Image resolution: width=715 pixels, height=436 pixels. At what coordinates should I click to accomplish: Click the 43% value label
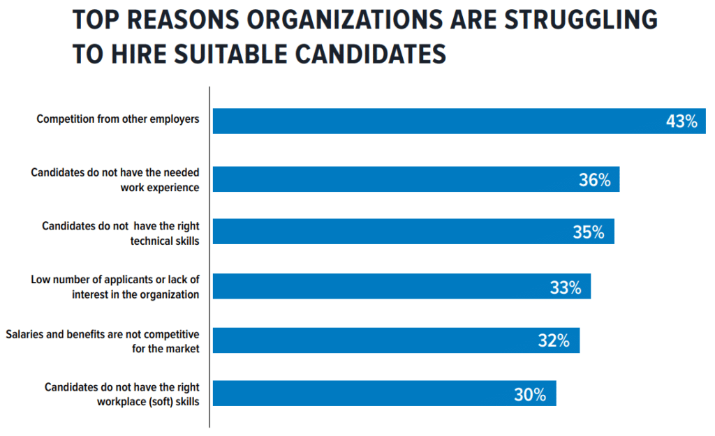(681, 121)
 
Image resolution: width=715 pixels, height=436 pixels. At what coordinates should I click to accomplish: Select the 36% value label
(595, 180)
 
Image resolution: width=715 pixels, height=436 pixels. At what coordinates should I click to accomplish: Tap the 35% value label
(589, 232)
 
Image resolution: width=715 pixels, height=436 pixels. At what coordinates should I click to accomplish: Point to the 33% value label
(566, 287)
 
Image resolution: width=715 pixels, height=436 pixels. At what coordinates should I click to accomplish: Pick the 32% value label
(554, 340)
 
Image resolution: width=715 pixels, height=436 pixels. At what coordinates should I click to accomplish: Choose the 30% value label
(530, 394)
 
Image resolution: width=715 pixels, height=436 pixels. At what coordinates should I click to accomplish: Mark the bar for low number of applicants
(377, 286)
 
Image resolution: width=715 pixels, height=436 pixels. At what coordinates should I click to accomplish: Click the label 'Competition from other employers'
(118, 119)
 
